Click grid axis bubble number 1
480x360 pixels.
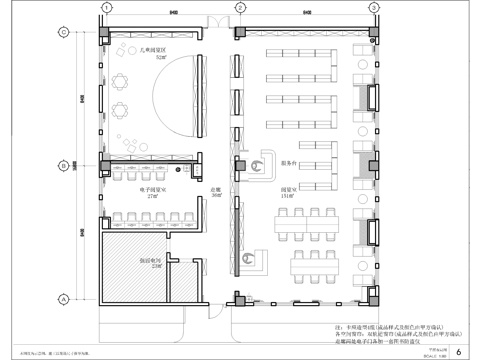pos(102,8)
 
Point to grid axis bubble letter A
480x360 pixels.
pos(62,299)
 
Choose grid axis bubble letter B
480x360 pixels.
pos(62,165)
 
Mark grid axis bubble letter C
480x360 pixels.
pos(62,32)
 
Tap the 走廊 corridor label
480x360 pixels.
pos(214,189)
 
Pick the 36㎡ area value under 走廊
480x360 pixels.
pos(214,195)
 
